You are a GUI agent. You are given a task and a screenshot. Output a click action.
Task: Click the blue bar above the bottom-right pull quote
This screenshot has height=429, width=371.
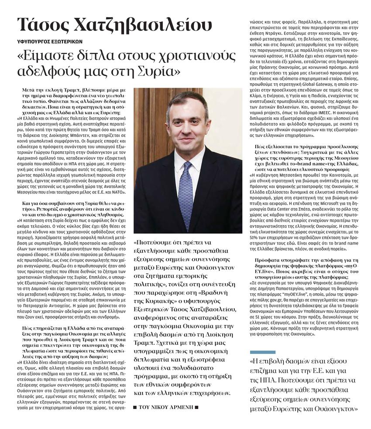pyautogui.click(x=262, y=352)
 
